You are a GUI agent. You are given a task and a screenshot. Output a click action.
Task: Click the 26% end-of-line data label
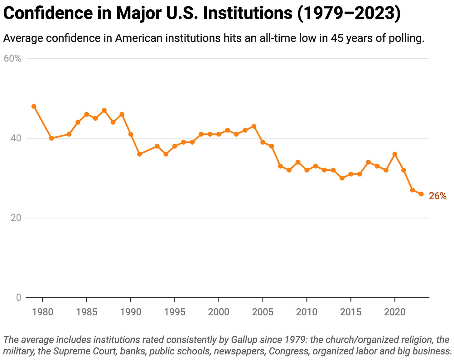click(437, 196)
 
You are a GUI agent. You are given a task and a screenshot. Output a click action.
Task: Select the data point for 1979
click(34, 106)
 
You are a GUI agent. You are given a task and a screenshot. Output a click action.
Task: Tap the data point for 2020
click(395, 154)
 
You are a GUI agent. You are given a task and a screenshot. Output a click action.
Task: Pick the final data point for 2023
click(421, 194)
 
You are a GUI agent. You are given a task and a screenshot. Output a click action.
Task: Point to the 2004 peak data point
click(254, 126)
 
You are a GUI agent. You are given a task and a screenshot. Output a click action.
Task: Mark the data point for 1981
click(51, 138)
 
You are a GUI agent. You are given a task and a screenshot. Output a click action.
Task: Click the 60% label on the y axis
click(12, 59)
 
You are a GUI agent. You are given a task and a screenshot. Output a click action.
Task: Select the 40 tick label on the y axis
click(16, 138)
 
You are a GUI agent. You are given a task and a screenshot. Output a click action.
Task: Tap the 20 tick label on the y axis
click(16, 218)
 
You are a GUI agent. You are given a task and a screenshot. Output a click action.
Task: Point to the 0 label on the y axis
click(19, 298)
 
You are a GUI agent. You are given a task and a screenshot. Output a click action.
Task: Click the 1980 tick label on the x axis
click(43, 312)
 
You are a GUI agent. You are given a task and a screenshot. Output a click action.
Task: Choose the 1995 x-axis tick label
click(175, 312)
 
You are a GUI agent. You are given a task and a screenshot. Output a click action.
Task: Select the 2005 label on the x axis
click(263, 312)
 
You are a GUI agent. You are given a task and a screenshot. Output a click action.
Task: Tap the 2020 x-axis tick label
click(395, 312)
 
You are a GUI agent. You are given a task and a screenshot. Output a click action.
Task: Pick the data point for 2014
click(342, 178)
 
